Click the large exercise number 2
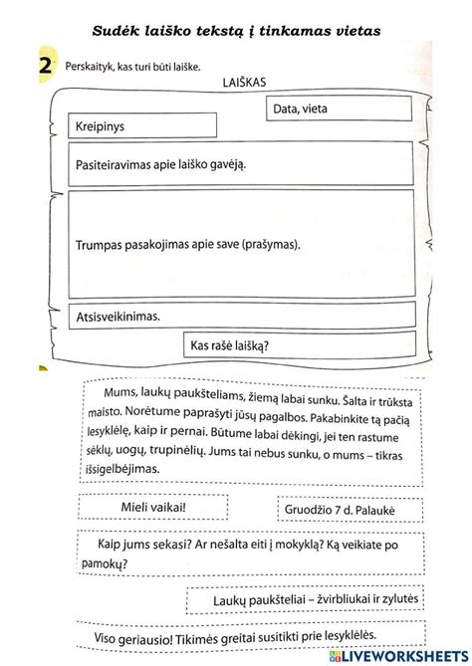pyautogui.click(x=45, y=67)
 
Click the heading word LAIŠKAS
pyautogui.click(x=244, y=85)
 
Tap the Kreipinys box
pyautogui.click(x=142, y=126)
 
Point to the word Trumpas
pyautogui.click(x=102, y=242)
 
